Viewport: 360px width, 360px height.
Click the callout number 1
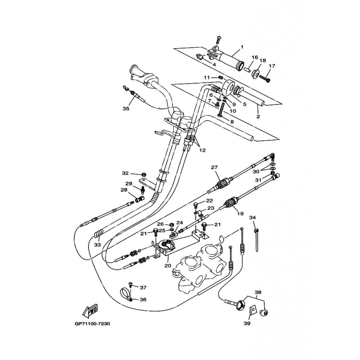point(242,47)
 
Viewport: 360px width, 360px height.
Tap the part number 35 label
point(126,108)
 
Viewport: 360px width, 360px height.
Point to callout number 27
point(215,167)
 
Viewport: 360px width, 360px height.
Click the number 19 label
point(241,214)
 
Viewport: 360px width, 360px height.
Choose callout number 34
point(252,218)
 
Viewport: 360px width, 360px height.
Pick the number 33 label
point(98,245)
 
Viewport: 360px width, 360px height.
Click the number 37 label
point(143,287)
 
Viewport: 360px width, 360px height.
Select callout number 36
point(143,300)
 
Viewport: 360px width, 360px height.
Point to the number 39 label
point(247,324)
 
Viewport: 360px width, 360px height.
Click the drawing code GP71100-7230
point(92,324)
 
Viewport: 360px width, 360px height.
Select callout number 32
point(125,173)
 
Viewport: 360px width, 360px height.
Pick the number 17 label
point(272,66)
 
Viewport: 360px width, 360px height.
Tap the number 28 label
point(123,190)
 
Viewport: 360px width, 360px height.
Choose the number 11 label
point(207,78)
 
